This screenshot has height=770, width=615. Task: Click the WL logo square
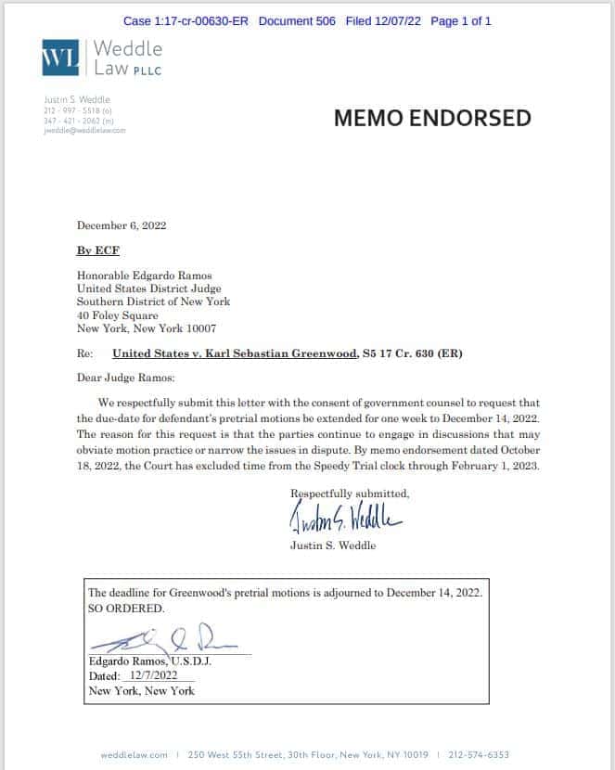60,58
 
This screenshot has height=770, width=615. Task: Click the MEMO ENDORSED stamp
432,118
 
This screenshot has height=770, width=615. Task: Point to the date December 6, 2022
122,225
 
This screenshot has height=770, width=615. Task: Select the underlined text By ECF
98,250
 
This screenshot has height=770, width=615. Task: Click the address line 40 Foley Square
118,315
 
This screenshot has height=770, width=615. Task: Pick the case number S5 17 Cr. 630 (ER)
410,353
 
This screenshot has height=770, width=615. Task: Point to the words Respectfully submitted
349,494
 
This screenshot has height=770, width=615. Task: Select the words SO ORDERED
126,609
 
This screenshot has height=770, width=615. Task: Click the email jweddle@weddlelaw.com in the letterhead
84,131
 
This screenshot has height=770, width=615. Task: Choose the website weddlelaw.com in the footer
134,755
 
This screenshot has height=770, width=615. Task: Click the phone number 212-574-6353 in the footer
479,755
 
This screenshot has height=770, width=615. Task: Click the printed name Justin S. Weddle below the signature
333,546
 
